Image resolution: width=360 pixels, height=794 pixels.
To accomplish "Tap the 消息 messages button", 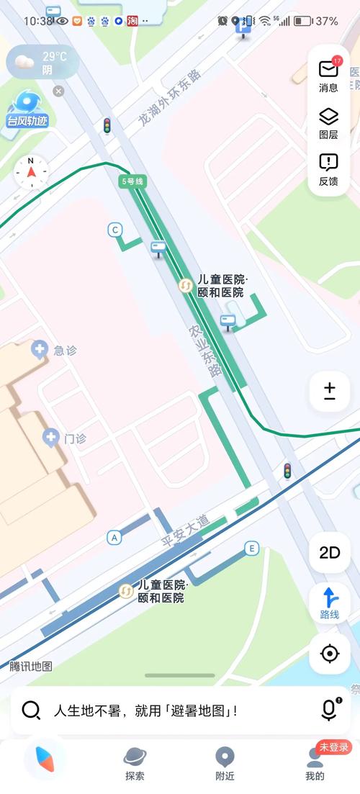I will [328, 75].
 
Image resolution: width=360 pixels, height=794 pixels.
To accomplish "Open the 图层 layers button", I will [328, 122].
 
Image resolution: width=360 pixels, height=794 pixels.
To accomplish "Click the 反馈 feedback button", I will [328, 169].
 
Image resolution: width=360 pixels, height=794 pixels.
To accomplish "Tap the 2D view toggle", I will [330, 553].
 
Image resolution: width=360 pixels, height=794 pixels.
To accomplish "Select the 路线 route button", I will [330, 603].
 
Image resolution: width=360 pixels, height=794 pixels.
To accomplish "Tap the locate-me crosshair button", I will [330, 654].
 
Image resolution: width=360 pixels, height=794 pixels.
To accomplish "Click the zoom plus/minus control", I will [330, 391].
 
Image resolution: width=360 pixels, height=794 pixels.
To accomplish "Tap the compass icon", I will [31, 172].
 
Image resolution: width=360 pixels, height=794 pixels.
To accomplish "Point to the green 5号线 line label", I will [132, 181].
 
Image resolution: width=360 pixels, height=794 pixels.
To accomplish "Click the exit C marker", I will [114, 230].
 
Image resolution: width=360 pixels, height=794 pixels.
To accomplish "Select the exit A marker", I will [114, 537].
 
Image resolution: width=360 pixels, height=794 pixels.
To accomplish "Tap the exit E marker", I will [251, 548].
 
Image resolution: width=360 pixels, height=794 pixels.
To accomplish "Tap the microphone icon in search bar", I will [329, 710].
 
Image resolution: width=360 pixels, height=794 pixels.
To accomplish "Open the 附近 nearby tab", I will [225, 763].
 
